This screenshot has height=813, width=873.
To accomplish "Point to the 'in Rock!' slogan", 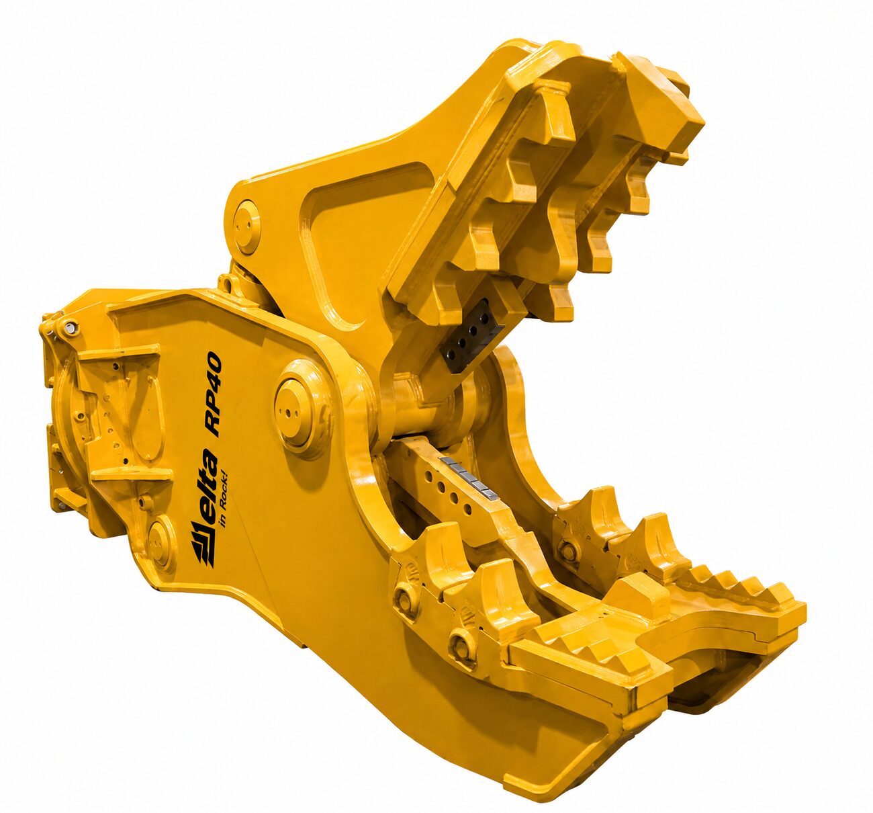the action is coord(228,501).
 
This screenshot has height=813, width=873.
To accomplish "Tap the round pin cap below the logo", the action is coord(160,541).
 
